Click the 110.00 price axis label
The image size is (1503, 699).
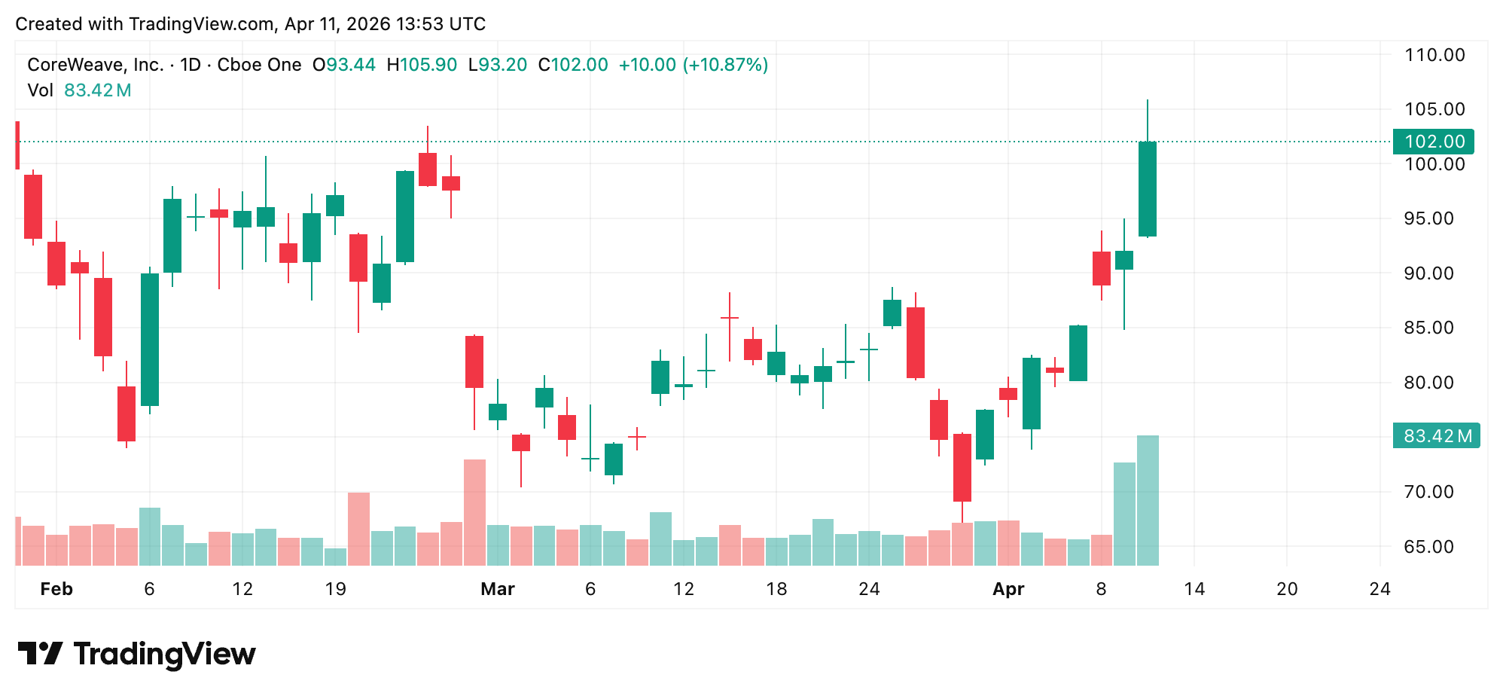1434,55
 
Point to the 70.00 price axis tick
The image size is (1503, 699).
1434,492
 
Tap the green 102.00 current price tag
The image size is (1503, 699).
1434,142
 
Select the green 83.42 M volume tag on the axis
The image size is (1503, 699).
1437,436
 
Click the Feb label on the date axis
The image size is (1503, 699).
56,589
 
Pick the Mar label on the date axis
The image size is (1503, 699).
498,589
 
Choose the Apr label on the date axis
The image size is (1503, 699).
1008,589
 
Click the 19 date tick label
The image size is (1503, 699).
335,589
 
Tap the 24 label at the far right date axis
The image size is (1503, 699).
1380,589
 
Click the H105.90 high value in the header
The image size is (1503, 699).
422,65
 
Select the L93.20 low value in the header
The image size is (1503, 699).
498,65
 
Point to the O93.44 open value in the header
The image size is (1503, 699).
344,65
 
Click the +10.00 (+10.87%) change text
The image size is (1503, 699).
694,65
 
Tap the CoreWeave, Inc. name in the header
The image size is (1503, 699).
96,65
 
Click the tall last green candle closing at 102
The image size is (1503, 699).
1148,188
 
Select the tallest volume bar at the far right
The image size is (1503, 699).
1148,501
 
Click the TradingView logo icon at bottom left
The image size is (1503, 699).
40,653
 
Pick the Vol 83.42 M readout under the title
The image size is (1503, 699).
80,90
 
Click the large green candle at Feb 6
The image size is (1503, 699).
150,339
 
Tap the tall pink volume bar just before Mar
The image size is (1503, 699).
474,512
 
